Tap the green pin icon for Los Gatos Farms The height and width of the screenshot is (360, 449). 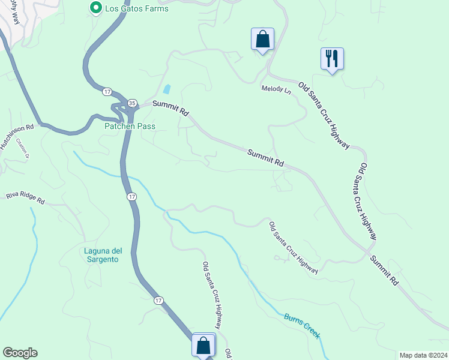(x=95, y=8)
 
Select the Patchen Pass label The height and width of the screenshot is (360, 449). (x=130, y=126)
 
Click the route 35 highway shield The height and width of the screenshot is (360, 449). (x=131, y=103)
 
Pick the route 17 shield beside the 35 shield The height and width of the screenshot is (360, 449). (x=107, y=91)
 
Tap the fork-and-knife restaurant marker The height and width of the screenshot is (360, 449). (x=332, y=59)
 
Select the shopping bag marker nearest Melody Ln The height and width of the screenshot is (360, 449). (x=262, y=40)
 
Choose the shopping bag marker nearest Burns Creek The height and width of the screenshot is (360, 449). (x=203, y=346)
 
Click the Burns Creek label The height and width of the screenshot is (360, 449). (x=303, y=326)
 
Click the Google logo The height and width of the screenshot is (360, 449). (x=20, y=353)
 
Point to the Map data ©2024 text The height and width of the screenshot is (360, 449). (x=423, y=355)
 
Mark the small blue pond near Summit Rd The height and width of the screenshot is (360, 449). (x=167, y=89)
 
